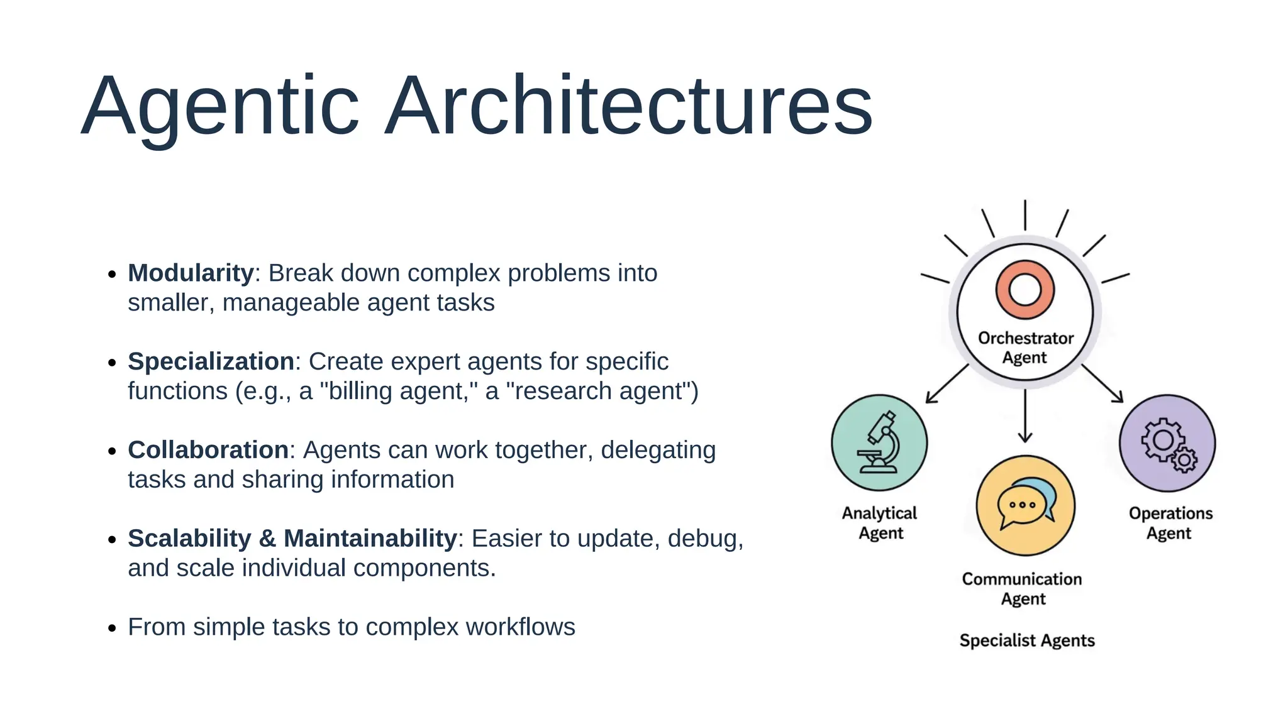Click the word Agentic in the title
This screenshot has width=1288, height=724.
[x=220, y=107]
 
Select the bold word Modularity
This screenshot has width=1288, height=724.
[x=191, y=273]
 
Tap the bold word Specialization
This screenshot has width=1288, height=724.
[x=211, y=362]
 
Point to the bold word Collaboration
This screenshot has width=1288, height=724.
[x=208, y=451]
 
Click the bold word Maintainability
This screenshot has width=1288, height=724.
[x=370, y=539]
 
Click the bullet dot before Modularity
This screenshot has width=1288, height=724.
[x=112, y=275]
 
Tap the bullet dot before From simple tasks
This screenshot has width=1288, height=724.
[x=112, y=628]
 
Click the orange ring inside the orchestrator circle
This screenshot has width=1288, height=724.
[x=1024, y=290]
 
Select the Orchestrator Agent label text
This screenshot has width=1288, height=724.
[x=1025, y=348]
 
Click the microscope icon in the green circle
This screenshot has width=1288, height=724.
[x=880, y=442]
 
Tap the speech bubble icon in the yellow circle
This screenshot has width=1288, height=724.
[x=1025, y=504]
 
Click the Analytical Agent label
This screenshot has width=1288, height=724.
[x=879, y=523]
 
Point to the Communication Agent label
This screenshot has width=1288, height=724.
[x=1022, y=588]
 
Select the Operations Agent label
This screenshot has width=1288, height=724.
[x=1170, y=523]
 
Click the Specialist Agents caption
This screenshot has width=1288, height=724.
[x=1026, y=640]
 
